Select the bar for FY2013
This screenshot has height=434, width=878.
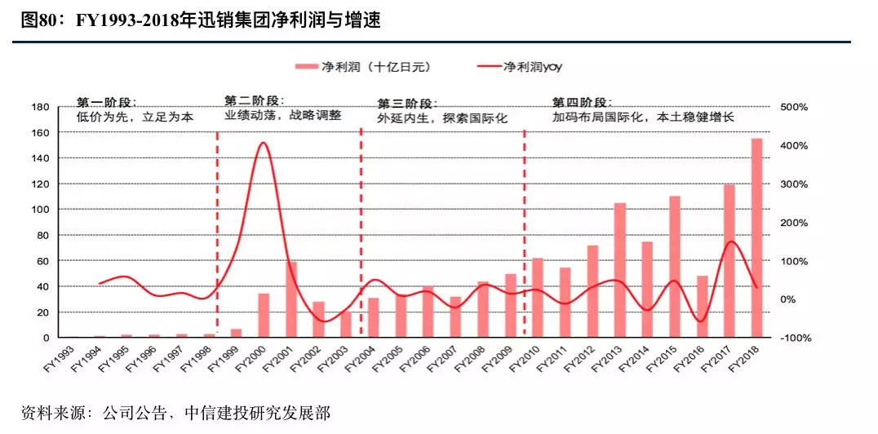pos(619,270)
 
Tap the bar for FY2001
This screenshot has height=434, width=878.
pos(290,299)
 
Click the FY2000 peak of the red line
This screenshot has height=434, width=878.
pos(263,144)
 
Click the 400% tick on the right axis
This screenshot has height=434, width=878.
pos(797,145)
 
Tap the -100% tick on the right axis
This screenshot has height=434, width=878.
pos(796,338)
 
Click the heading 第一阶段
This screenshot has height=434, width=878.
pos(106,102)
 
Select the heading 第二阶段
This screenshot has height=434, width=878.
pos(254,101)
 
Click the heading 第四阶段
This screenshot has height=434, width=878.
pos(581,102)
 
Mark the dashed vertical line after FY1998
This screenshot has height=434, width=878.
pos(217,237)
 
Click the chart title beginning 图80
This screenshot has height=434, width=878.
pos(201,20)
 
